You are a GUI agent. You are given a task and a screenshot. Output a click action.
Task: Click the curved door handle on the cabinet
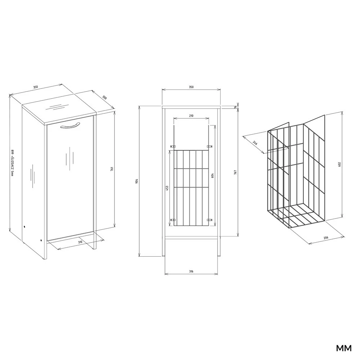[71, 125]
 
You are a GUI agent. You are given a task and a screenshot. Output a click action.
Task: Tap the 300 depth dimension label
[104, 98]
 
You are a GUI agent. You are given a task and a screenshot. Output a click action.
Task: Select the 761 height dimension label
[112, 169]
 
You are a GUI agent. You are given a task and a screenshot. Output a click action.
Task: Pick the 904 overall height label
[136, 181]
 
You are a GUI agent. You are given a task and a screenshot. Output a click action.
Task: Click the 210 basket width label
[191, 116]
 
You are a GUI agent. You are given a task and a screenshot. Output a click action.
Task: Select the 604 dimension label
[212, 175]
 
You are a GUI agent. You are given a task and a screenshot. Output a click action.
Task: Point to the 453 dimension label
[167, 188]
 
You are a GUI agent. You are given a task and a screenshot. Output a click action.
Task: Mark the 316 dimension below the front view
[191, 271]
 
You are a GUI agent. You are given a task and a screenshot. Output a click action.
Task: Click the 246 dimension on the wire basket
[255, 143]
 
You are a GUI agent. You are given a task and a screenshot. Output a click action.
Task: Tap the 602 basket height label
[339, 165]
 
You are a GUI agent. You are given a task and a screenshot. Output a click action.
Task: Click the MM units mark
[344, 348]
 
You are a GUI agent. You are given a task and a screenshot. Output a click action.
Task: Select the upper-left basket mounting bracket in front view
[173, 146]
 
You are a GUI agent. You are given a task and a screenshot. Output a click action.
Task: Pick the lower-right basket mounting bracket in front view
[210, 220]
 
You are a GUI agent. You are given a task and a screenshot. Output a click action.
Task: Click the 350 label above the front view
[191, 87]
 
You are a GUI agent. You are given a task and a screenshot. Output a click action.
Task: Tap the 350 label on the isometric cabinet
[35, 87]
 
